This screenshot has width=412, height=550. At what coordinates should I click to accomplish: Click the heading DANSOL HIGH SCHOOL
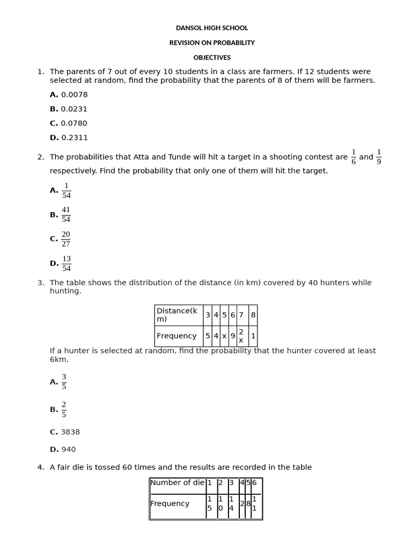click(212, 28)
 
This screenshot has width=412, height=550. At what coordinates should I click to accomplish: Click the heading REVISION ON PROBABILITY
click(212, 42)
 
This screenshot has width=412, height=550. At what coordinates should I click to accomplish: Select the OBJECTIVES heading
click(212, 57)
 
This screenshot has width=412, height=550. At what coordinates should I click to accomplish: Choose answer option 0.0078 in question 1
click(74, 95)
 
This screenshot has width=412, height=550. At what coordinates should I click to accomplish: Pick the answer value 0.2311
click(74, 137)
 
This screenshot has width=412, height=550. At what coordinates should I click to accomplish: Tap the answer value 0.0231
click(74, 109)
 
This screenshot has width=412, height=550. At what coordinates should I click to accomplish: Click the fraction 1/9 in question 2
click(379, 157)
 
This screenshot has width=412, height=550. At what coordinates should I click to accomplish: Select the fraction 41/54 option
click(66, 214)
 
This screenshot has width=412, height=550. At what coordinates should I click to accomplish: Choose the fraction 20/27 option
click(66, 239)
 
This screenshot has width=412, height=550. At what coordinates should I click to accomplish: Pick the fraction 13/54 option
click(66, 264)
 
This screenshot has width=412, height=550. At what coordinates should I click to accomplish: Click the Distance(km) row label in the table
click(177, 315)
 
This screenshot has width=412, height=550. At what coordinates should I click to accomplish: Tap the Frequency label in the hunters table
click(176, 336)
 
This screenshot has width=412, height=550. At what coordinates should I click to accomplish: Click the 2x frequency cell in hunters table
click(241, 336)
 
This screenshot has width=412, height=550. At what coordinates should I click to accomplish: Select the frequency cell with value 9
click(233, 336)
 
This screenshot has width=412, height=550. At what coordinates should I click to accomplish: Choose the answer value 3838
click(70, 432)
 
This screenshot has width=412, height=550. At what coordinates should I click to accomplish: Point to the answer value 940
click(68, 450)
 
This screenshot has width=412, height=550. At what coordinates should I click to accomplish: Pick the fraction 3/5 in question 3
click(64, 382)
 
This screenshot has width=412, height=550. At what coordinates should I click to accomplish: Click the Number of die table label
click(177, 483)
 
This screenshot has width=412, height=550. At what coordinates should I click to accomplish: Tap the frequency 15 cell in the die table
click(210, 504)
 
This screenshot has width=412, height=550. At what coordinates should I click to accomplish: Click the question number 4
click(41, 467)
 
